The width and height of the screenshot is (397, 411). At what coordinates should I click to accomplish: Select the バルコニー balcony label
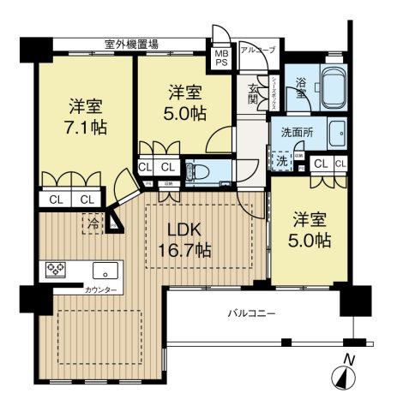click(251, 313)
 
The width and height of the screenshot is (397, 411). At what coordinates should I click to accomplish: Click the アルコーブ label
click(258, 51)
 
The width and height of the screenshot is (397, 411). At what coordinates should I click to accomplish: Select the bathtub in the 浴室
click(329, 88)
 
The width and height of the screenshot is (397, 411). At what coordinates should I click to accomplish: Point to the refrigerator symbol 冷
click(90, 221)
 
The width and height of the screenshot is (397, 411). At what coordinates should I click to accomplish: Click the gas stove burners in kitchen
click(57, 269)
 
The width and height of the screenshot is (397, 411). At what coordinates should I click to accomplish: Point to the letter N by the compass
click(346, 358)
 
